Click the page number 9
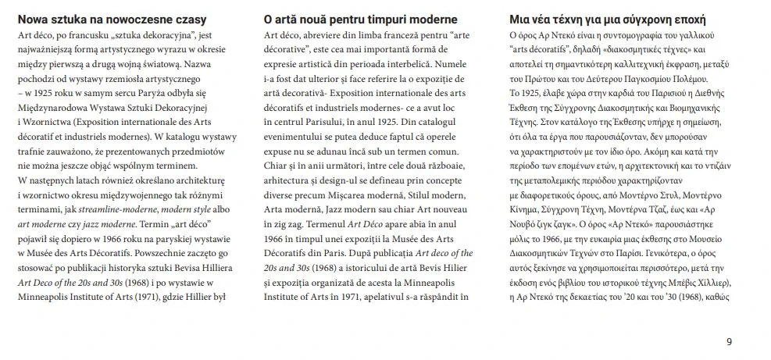pyautogui.click(x=729, y=341)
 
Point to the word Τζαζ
pyautogui.click(x=669, y=209)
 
